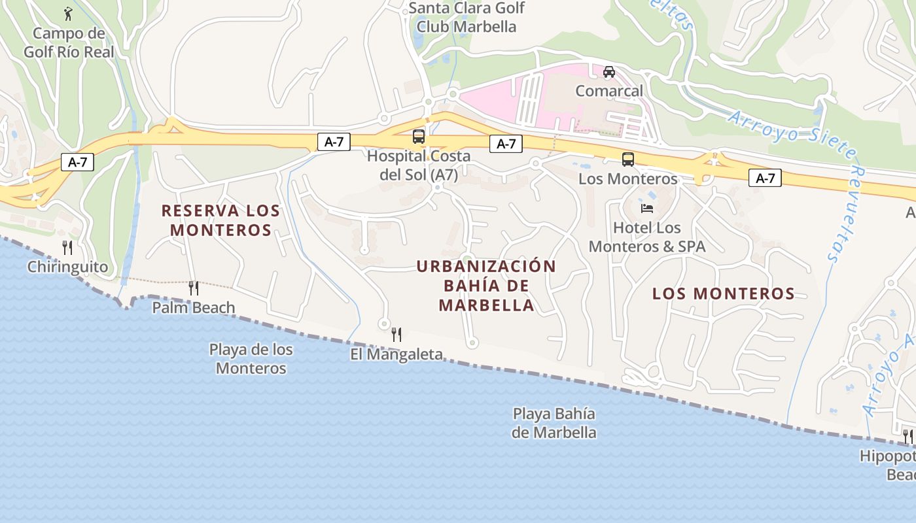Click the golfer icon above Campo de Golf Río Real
(x=68, y=13)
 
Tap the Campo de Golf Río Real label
(x=69, y=42)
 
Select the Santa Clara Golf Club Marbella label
(x=467, y=18)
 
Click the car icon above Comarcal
(x=609, y=72)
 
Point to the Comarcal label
(x=609, y=91)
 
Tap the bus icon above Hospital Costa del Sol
(x=419, y=137)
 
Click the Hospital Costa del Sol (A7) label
(x=419, y=165)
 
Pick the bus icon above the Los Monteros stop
(x=627, y=160)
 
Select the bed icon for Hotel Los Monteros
(x=647, y=209)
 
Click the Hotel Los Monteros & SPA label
(x=647, y=237)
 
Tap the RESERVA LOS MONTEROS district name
(x=221, y=220)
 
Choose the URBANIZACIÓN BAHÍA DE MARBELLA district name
(x=486, y=286)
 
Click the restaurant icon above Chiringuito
(x=67, y=247)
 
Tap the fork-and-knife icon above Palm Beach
(x=193, y=288)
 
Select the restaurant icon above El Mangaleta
(x=396, y=335)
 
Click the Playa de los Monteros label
(x=251, y=359)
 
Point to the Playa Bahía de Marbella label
(x=554, y=423)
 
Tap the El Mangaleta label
(x=396, y=354)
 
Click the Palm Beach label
(x=194, y=307)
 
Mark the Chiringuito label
(x=67, y=267)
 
